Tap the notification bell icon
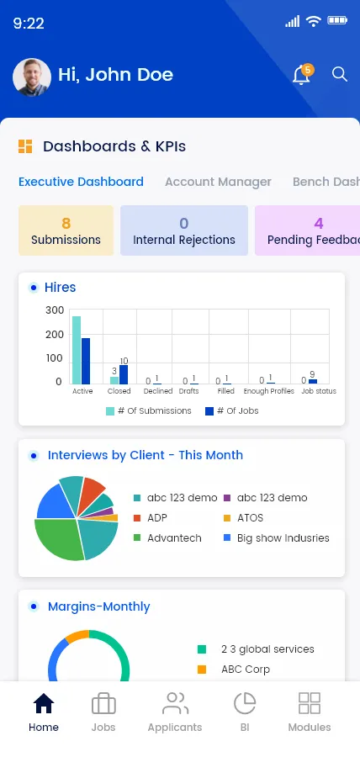click(302, 76)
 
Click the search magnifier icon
click(340, 74)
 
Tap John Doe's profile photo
click(32, 77)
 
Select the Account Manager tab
click(218, 182)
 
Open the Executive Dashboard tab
click(81, 182)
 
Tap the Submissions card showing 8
click(66, 230)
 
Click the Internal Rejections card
click(184, 230)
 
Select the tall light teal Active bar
click(77, 350)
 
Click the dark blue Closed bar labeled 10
click(124, 374)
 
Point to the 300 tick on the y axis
click(55, 310)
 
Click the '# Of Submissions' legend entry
click(149, 410)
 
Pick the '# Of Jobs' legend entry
click(231, 410)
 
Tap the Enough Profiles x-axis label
click(269, 391)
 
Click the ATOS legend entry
click(244, 518)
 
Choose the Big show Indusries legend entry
click(277, 538)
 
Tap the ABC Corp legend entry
click(234, 670)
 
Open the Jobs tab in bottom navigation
click(103, 712)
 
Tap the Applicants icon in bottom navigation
click(175, 703)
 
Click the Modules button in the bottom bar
click(310, 712)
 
